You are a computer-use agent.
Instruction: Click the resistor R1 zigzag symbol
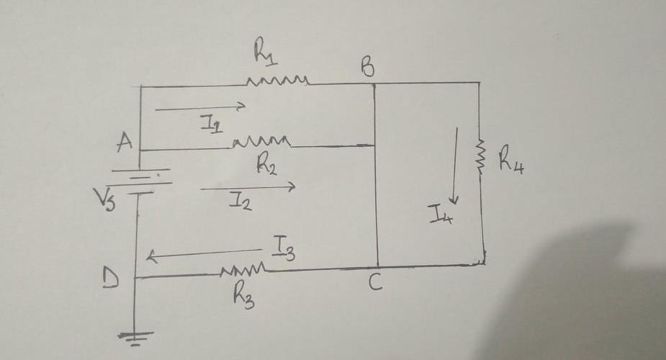[x=278, y=80]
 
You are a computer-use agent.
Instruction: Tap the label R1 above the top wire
[x=262, y=52]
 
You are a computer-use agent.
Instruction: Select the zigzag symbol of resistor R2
[x=261, y=140]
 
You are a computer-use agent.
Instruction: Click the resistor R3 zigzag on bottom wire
[x=245, y=270]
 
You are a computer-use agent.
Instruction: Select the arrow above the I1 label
[x=201, y=108]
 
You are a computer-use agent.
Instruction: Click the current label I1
[x=211, y=125]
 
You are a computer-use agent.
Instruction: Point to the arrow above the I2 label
[x=248, y=188]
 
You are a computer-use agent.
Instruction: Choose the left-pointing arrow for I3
[x=205, y=253]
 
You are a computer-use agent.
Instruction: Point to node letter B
[x=367, y=68]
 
